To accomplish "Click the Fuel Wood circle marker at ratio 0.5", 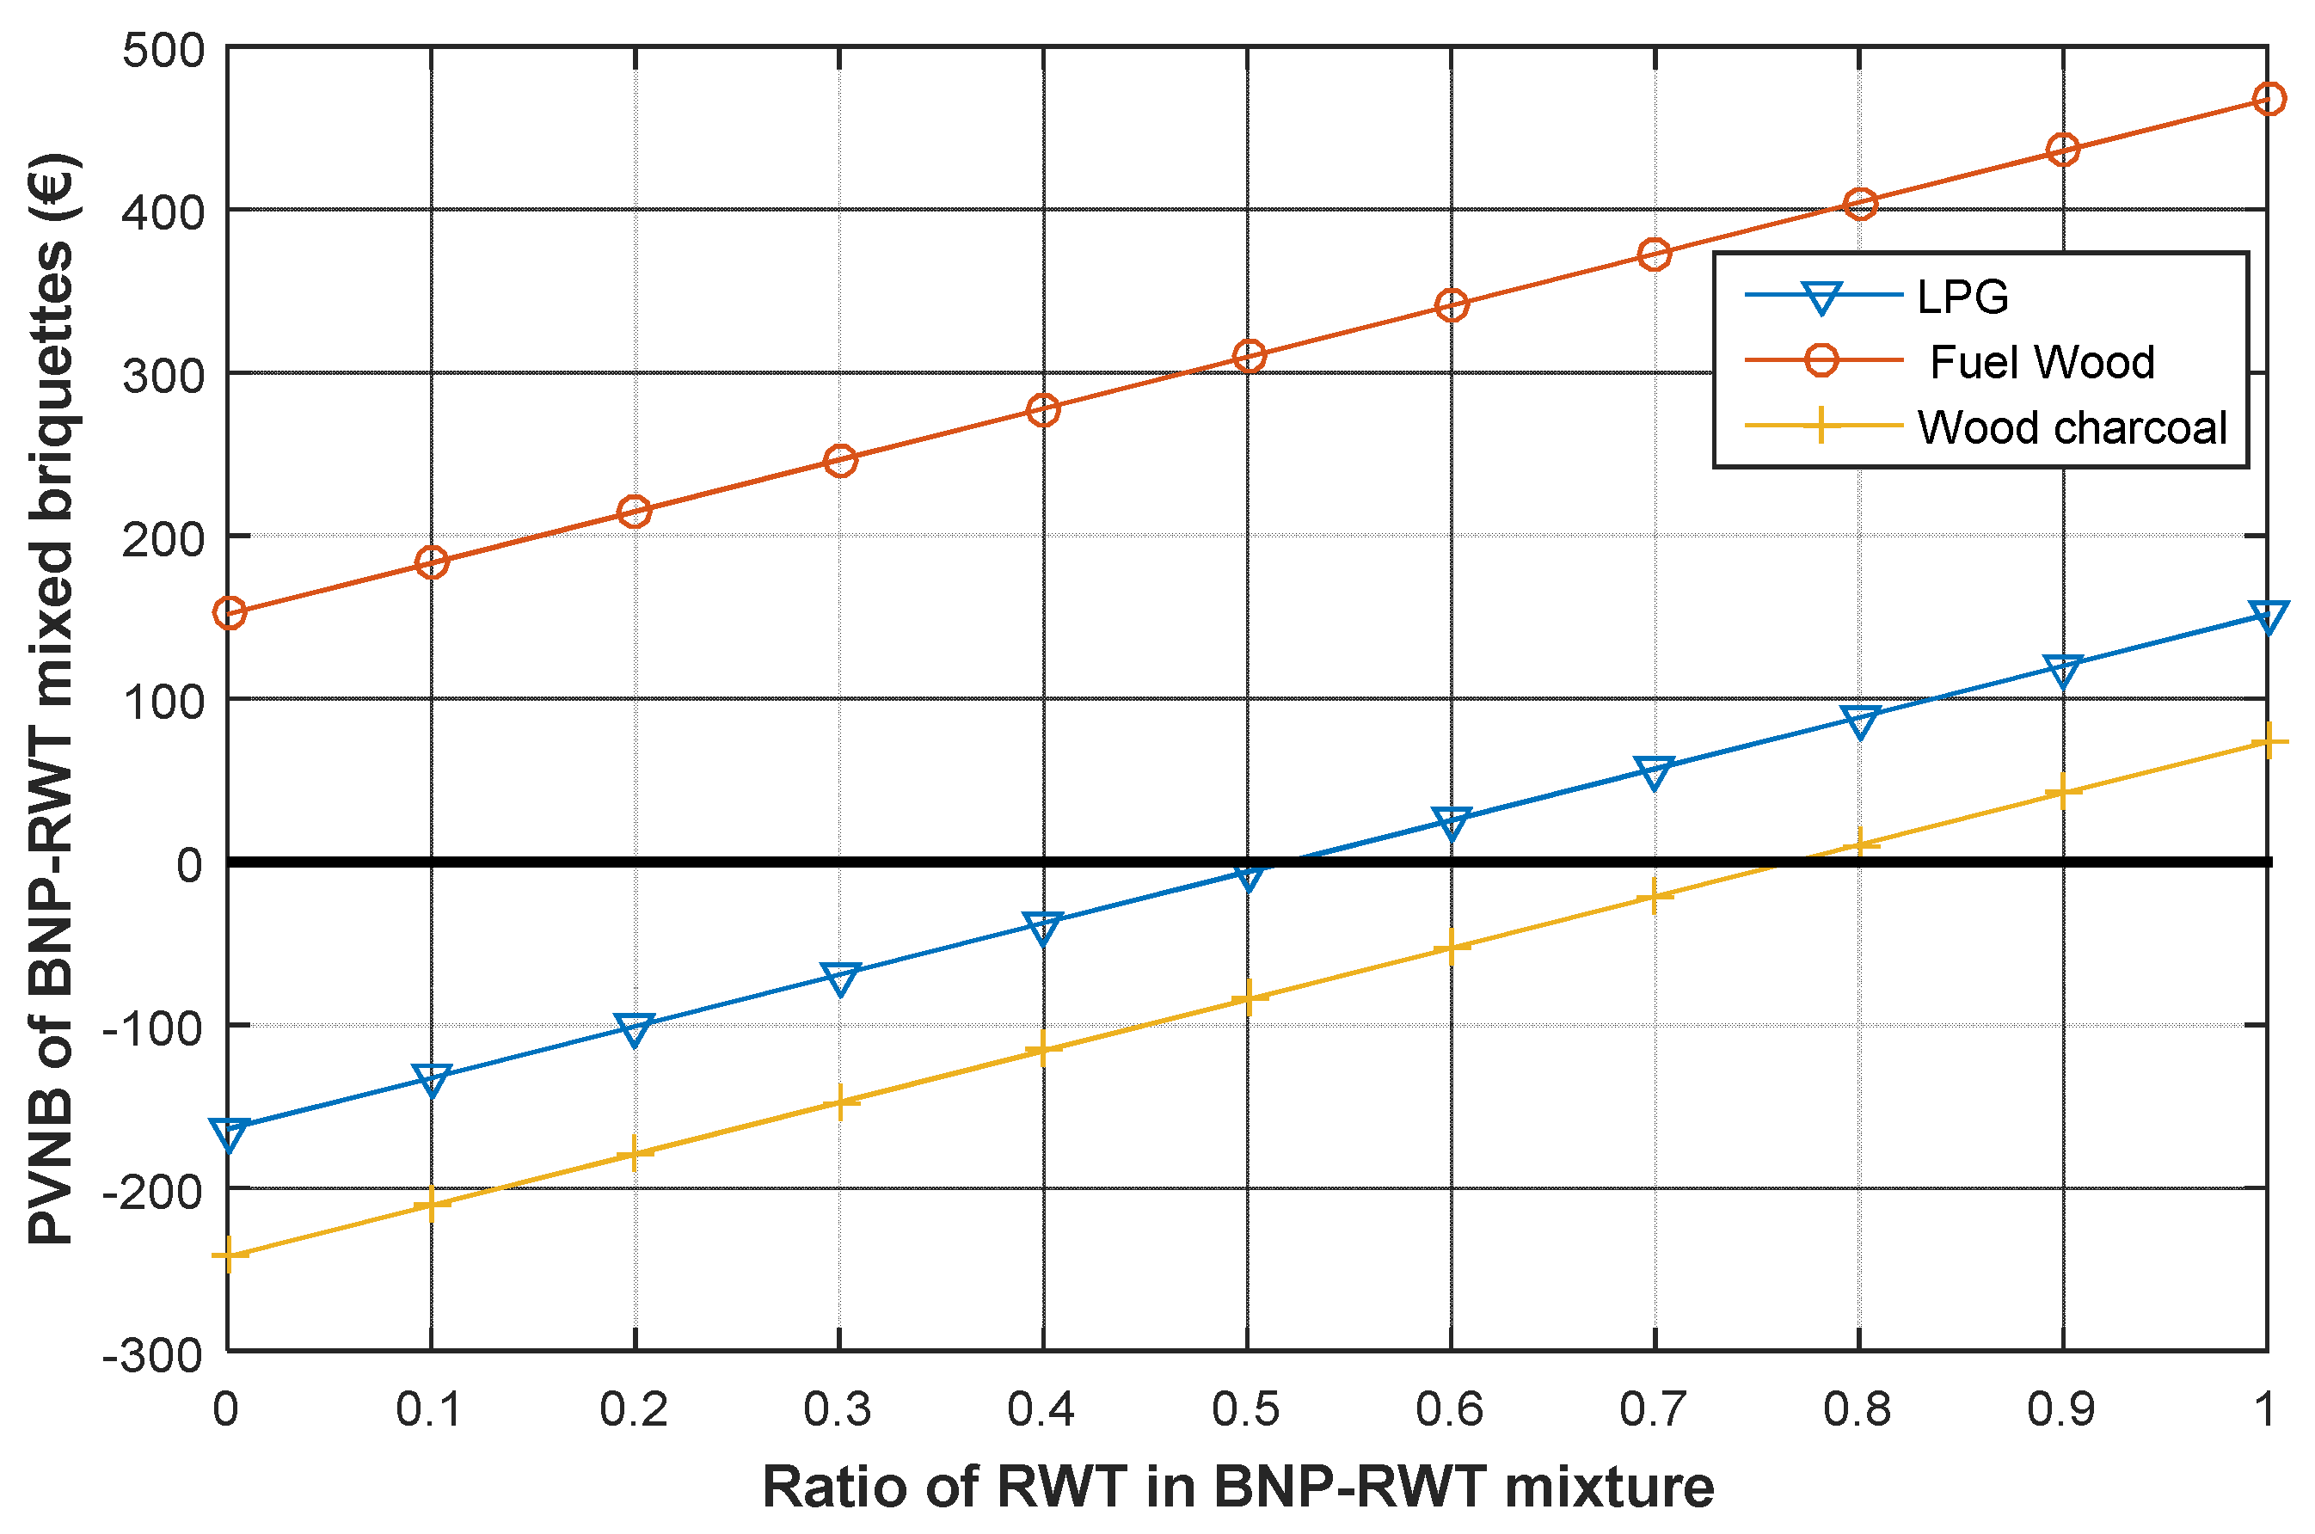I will click(1248, 356).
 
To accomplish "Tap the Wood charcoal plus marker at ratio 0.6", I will click(1451, 946).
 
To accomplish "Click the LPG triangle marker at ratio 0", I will click(228, 1135).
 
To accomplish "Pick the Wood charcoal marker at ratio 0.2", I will click(635, 1152).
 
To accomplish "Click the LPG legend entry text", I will click(1962, 297).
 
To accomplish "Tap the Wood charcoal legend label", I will click(2072, 427).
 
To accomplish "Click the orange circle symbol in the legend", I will click(1821, 360).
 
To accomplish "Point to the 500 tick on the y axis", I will click(163, 50).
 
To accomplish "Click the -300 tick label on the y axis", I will click(154, 1356).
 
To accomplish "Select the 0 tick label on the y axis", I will click(189, 865).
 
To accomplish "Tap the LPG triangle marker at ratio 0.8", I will click(1859, 721).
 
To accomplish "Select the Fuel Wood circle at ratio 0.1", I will click(432, 561).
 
